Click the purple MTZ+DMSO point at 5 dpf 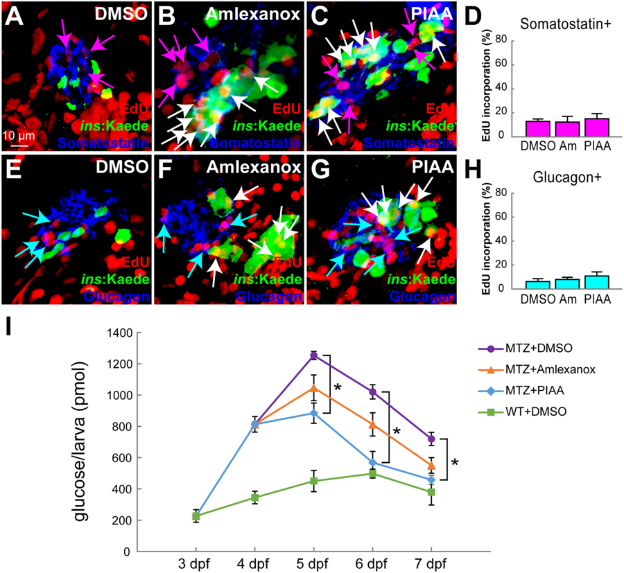tap(313, 355)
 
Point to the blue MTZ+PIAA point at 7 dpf tap(431, 479)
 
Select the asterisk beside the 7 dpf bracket tap(455, 462)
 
